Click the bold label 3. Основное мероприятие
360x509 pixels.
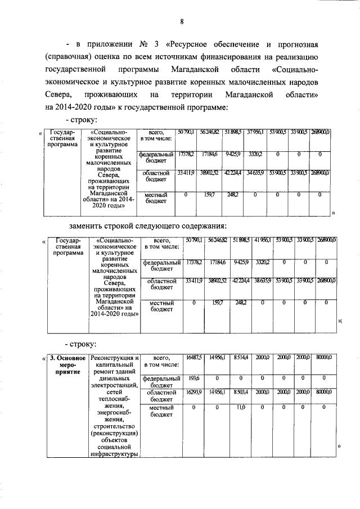[66, 364]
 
